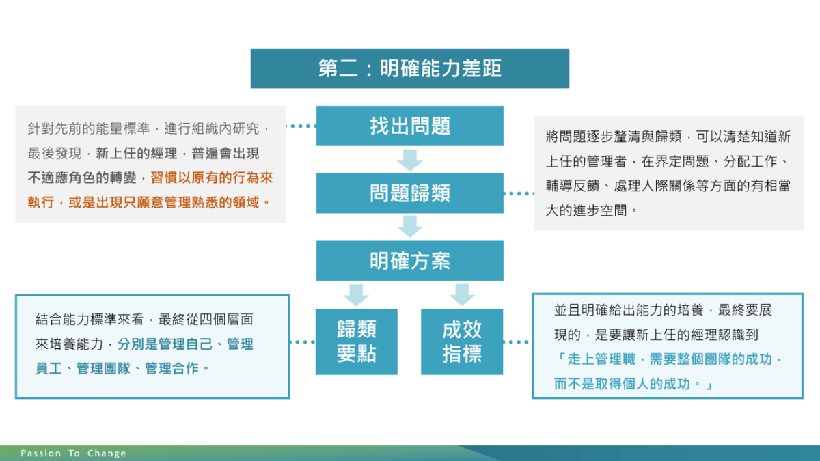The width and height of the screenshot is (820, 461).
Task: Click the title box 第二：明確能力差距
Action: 409,69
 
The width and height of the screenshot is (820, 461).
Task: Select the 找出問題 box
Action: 409,126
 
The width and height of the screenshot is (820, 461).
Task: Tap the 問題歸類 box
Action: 409,193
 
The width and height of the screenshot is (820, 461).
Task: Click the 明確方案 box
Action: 409,261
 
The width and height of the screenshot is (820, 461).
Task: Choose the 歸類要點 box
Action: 357,341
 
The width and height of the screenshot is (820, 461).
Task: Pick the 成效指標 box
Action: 462,341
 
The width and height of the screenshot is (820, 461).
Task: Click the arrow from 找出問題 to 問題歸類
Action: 409,160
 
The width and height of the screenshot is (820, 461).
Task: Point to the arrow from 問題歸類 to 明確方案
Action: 409,227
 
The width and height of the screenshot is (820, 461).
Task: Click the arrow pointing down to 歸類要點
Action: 356,295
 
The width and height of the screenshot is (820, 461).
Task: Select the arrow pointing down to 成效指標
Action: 462,295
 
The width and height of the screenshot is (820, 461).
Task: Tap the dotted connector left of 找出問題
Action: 301,126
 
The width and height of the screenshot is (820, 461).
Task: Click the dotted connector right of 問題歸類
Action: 519,193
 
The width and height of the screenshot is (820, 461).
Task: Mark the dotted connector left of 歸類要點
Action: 302,342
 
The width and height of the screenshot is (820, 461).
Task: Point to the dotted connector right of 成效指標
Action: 516,342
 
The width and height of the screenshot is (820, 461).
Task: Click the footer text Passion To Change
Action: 73,453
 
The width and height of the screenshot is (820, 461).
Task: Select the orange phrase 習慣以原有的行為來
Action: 212,178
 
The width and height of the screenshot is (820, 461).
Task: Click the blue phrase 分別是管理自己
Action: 165,344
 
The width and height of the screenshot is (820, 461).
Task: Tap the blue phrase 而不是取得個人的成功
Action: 622,384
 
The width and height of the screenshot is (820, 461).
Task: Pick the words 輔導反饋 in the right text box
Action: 573,186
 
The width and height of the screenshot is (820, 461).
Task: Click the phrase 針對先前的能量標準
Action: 89,128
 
